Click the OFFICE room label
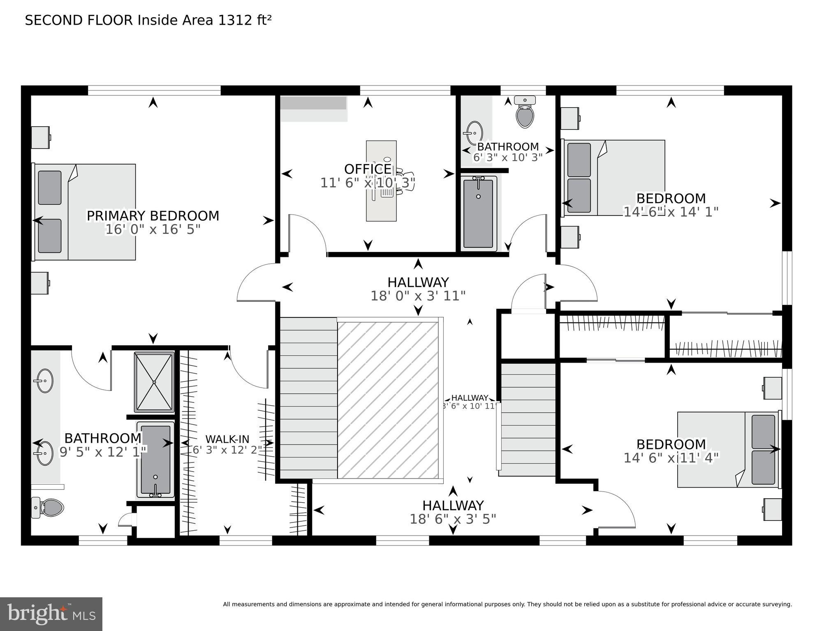tap(368, 169)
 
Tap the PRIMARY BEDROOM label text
tap(153, 216)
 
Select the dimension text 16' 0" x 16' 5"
tap(153, 229)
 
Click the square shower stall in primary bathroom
tap(154, 382)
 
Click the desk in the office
tap(381, 181)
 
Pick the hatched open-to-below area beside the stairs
tap(388, 400)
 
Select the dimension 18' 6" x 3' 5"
tap(453, 519)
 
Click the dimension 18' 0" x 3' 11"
tap(418, 296)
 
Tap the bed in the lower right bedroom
tap(728, 450)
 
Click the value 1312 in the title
tap(234, 20)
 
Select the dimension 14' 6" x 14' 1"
tap(671, 212)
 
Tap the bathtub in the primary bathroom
tap(155, 460)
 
